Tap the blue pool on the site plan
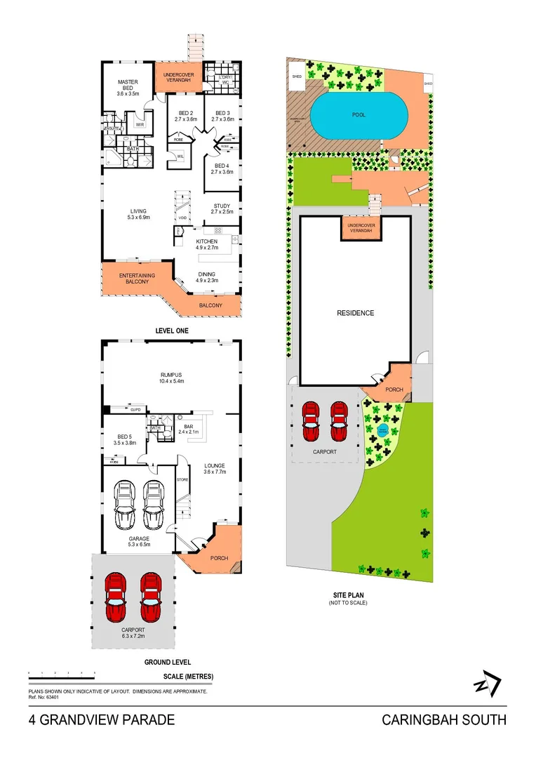(359, 116)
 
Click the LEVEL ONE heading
(171, 330)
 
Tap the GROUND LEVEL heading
(168, 662)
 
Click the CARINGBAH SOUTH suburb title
(443, 720)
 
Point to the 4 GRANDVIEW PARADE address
(102, 720)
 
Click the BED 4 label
(222, 168)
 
